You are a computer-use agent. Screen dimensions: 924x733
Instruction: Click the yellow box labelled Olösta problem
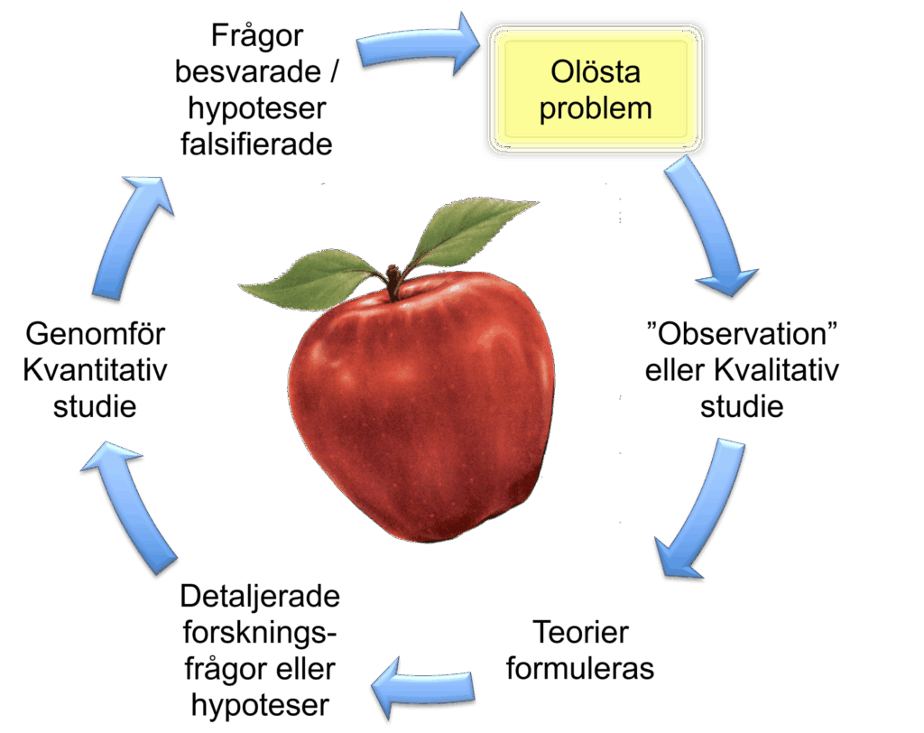pos(596,89)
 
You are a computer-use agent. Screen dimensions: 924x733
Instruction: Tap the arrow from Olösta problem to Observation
pos(710,227)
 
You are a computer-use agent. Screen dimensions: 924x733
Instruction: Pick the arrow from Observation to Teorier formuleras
pos(705,507)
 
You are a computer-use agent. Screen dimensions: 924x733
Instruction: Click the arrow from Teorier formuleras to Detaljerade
pos(423,687)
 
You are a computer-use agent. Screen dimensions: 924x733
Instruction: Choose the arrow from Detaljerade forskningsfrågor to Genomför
pos(126,507)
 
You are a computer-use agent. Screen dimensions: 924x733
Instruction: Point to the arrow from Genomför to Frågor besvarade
pos(133,236)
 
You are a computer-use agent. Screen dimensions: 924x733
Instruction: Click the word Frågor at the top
pos(257,36)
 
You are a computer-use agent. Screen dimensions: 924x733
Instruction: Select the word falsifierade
pos(256,144)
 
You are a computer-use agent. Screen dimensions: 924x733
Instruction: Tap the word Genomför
pos(96,334)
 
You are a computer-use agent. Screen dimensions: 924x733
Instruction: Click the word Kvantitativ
pos(95,370)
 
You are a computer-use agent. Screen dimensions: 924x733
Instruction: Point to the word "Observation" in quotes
pos(742,333)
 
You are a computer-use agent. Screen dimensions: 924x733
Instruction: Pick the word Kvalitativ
pos(777,370)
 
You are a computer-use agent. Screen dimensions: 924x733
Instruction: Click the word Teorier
pos(580,632)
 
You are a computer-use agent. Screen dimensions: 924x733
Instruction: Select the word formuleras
pos(580,669)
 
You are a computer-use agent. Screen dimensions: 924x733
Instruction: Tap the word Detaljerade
pos(260,596)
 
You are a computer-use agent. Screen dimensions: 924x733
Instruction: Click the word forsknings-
pos(259,633)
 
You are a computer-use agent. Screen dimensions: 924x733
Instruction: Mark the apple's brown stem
pos(393,282)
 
